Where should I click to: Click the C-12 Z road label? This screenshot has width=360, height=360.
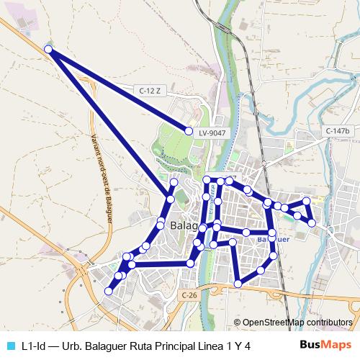148,90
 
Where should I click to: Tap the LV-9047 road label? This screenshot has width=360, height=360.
212,132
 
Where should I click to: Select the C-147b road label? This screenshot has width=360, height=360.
336,131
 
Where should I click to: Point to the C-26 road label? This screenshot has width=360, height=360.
189,295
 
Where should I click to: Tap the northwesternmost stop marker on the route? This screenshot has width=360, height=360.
48,49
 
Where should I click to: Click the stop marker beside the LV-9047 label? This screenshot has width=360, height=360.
189,132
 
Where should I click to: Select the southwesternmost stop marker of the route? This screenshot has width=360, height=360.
109,292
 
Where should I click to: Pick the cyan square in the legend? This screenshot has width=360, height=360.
9,346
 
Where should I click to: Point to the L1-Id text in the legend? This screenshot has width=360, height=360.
34,346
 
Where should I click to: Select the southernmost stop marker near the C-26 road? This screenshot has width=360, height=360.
238,284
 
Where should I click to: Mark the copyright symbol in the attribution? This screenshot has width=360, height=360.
238,322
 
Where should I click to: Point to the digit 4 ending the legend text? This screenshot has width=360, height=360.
247,346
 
